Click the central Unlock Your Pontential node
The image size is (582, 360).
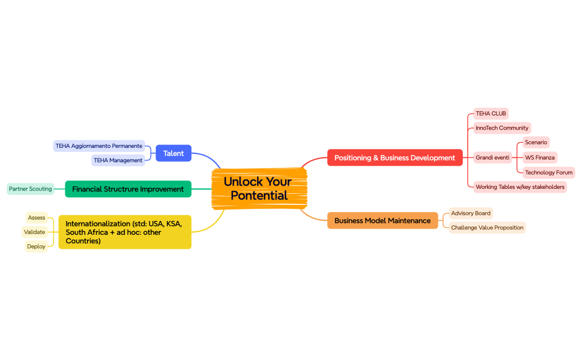pos(259,188)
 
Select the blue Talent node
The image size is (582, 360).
pos(173,153)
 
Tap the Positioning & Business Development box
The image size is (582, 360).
pos(395,158)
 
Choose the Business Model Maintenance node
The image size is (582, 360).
pos(382,220)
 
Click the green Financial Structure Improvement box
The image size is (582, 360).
pos(128,189)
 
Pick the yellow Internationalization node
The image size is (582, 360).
pos(125,232)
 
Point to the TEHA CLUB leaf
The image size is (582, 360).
pos(491,114)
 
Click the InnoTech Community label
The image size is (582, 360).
pos(502,128)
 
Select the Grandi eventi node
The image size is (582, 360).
pos(492,158)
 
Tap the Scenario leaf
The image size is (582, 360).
pos(535,142)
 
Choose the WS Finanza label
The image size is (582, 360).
pos(540,158)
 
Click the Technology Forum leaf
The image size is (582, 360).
pos(549,172)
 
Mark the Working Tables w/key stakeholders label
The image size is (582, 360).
pos(520,187)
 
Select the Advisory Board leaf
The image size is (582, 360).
pos(471,213)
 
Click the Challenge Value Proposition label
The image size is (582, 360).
pos(487,228)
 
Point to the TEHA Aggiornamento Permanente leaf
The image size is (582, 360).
pos(99,146)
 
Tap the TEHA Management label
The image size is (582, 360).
pos(118,160)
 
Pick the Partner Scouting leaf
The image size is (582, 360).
pos(30,189)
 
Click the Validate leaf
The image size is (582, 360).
pos(34,232)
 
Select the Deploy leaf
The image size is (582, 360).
pos(36,246)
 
